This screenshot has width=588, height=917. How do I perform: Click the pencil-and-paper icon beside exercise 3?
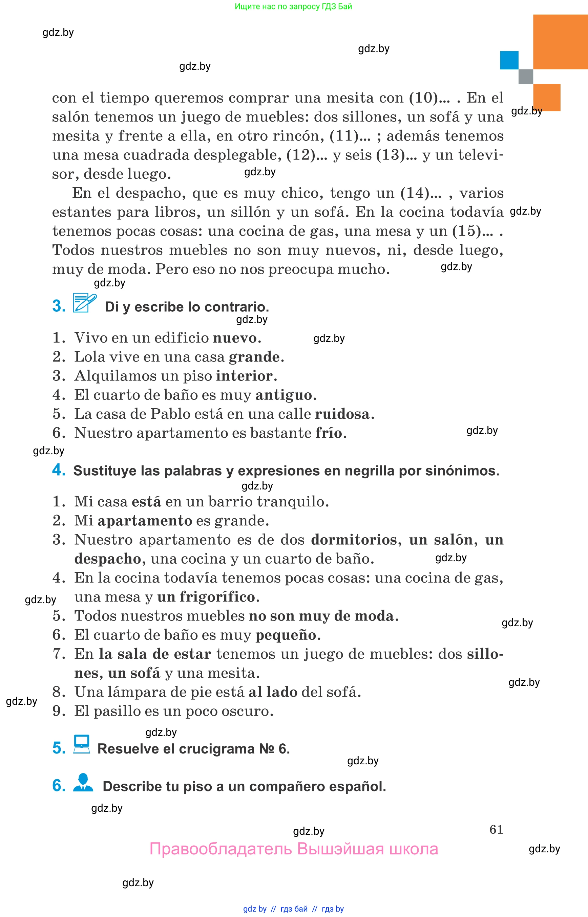(84, 303)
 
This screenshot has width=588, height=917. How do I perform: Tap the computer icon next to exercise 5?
(82, 744)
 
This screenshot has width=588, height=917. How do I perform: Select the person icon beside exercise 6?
(83, 782)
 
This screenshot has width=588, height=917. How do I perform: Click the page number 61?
(496, 829)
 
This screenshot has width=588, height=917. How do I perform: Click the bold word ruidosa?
(342, 414)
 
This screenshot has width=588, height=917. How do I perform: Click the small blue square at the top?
(509, 60)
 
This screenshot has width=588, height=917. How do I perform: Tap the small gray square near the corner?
(525, 76)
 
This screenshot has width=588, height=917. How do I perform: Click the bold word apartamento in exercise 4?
(145, 521)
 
